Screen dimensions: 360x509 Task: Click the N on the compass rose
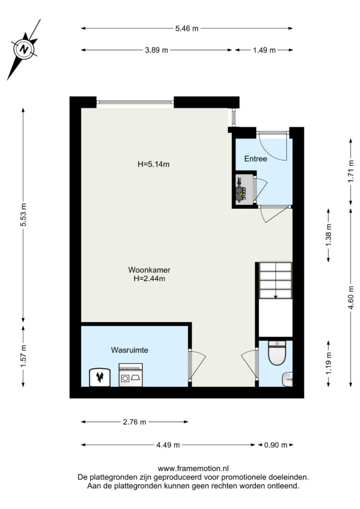(23, 50)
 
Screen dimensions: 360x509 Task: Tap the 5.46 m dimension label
(186, 28)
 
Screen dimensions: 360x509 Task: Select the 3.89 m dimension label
(157, 50)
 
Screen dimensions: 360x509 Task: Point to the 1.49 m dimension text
(264, 50)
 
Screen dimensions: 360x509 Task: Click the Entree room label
(256, 159)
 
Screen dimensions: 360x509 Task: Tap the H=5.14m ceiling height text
(154, 164)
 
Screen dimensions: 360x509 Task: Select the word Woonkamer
(149, 270)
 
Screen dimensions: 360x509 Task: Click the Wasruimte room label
(129, 350)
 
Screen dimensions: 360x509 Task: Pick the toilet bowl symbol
(277, 353)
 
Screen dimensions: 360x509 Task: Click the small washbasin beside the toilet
(287, 379)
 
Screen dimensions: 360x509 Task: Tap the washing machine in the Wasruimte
(130, 375)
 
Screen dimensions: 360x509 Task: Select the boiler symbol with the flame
(99, 378)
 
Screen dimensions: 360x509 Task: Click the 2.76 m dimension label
(134, 422)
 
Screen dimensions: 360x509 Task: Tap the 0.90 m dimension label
(275, 445)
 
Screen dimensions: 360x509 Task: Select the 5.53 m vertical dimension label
(23, 215)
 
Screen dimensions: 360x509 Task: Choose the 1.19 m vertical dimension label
(329, 363)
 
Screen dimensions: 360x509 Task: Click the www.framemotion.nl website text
(193, 468)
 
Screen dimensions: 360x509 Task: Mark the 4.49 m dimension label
(168, 445)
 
